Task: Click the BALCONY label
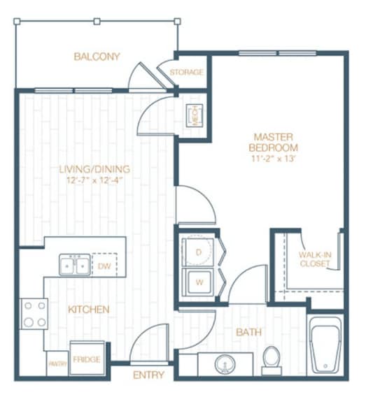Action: [97, 57]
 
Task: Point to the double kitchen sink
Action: [74, 266]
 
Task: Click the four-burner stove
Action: [34, 314]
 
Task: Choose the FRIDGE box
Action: [87, 358]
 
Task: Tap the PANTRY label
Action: [56, 363]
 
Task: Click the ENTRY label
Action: [148, 375]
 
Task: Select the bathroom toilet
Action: [271, 357]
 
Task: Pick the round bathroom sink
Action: [225, 364]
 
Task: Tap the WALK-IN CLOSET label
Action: [314, 259]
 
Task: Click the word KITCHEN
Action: [89, 308]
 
